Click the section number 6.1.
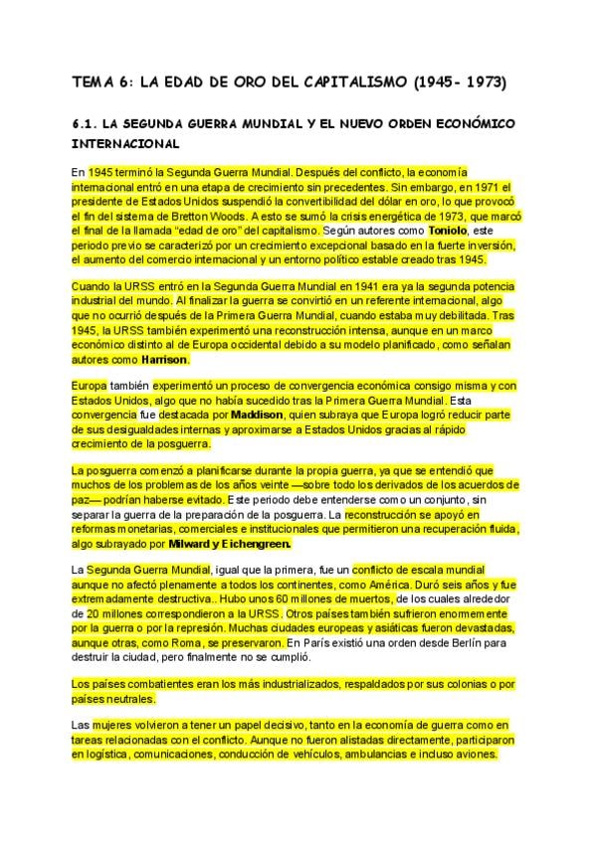[x=91, y=125]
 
